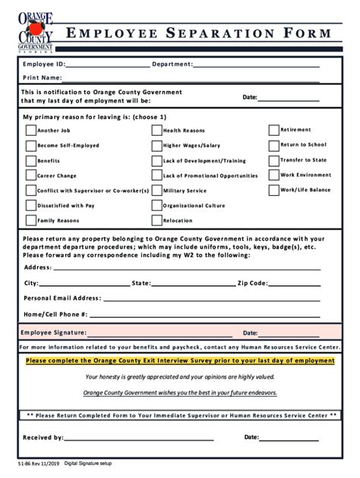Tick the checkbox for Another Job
(30, 130)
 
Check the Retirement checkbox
(273, 129)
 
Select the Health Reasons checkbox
(156, 130)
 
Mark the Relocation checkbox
(156, 221)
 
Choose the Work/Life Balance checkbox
(273, 190)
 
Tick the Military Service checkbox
(156, 190)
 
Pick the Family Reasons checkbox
(30, 221)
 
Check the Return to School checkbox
(273, 144)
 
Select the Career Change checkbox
(30, 175)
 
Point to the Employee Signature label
(53, 332)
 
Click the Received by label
(43, 438)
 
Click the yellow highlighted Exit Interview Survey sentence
(180, 361)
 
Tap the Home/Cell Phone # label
(55, 313)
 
